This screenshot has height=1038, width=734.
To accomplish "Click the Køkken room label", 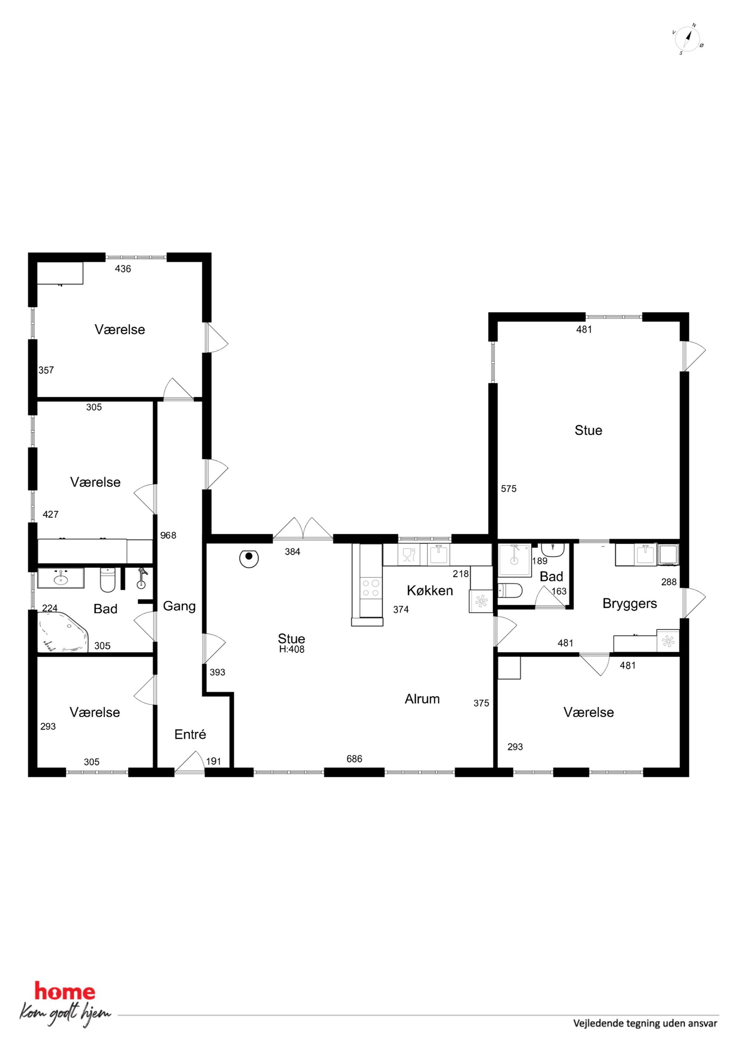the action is pos(430,590).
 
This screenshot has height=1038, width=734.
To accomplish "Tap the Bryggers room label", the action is pos(630,604).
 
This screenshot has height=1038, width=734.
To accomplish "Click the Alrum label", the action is pos(422,699).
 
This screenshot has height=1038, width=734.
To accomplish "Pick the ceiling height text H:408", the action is pos(292,650).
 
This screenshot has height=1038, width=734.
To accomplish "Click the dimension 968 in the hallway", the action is pos(168,535).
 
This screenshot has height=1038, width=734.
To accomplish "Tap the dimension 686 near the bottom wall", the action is pos(354,759).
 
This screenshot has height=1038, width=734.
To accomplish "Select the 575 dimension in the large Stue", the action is pos(508,488).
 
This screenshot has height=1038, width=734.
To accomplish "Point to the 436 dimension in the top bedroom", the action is pos(123,269).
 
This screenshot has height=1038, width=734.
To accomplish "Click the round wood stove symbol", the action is pos(249,559).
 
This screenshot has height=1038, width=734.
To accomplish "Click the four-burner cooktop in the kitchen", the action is pos(371,589).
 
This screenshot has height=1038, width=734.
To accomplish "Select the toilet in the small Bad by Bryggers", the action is pos(510,590).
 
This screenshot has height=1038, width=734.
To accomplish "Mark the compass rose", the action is pos(687,39).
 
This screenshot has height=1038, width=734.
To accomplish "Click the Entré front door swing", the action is pos(189,761).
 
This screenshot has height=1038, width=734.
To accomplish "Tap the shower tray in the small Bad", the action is pos(515,560).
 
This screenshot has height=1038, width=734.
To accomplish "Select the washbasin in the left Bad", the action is pos(61,578).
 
